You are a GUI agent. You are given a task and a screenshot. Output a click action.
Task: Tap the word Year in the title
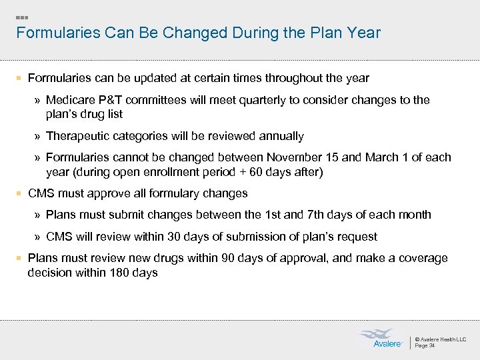click(364, 33)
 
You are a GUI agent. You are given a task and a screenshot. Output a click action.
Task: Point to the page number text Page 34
click(425, 346)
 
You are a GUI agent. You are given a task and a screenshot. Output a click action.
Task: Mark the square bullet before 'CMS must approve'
click(20, 193)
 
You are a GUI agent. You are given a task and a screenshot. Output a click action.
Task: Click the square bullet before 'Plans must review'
click(20, 258)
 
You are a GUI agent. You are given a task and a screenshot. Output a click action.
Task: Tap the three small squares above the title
click(22, 17)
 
